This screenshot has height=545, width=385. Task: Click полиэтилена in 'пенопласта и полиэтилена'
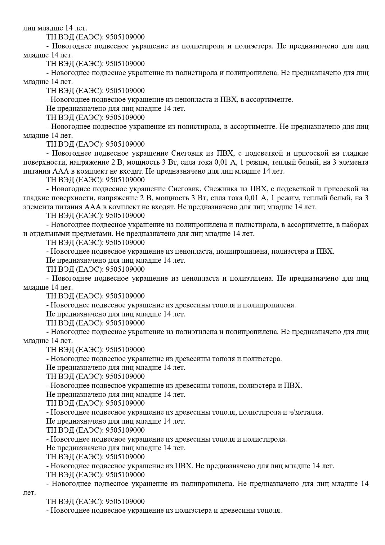pyautogui.click(x=252, y=278)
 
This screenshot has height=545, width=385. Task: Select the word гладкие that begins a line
pyautogui.click(x=35, y=198)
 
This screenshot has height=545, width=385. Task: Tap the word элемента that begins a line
pyautogui.click(x=36, y=207)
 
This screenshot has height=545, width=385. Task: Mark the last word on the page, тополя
pyautogui.click(x=271, y=511)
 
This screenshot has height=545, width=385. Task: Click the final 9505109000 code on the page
pyautogui.click(x=125, y=502)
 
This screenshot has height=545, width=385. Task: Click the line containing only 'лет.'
pyautogui.click(x=29, y=493)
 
